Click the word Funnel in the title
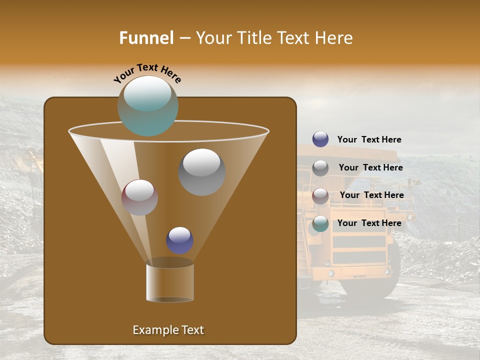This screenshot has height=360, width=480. click(146, 38)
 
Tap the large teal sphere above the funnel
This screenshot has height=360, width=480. click(147, 105)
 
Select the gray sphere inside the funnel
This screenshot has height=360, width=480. click(201, 171)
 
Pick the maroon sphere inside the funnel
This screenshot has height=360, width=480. click(139, 197)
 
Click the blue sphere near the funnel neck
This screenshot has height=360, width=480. click(179, 240)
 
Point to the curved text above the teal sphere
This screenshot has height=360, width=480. click(147, 73)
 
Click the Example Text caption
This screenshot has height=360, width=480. click(168, 330)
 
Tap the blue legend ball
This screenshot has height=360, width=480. click(320, 139)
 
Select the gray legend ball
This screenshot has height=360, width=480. click(320, 167)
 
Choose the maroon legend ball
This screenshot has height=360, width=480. click(320, 195)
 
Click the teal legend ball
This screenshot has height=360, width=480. click(320, 223)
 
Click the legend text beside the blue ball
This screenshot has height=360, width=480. click(369, 139)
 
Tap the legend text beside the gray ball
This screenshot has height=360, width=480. click(370, 167)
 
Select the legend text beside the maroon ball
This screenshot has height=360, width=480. click(371, 195)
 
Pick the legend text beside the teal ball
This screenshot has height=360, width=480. click(369, 223)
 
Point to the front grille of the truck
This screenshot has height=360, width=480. click(359, 248)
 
